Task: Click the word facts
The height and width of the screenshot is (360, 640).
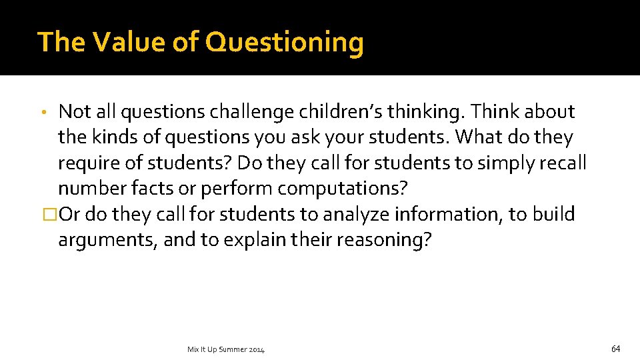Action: (x=153, y=189)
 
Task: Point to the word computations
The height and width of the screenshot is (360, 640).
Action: (x=342, y=189)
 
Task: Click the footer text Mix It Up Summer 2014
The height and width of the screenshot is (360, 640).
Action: (x=226, y=349)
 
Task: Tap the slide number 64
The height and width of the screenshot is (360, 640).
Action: (x=615, y=348)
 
